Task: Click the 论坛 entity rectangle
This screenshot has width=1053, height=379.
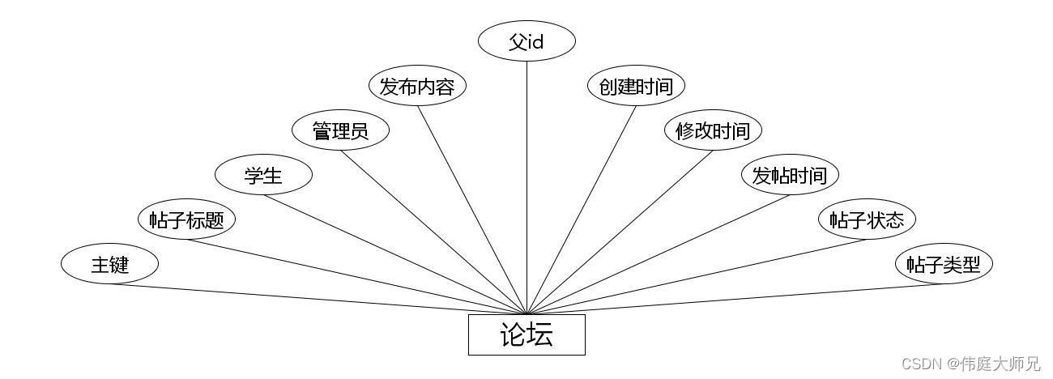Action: [x=526, y=334]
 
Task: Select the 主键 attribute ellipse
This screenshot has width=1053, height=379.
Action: [x=109, y=264]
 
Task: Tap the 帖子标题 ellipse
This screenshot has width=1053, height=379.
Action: [x=186, y=219]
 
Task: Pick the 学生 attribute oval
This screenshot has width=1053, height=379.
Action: [x=263, y=175]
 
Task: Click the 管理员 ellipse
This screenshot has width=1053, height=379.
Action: [x=340, y=130]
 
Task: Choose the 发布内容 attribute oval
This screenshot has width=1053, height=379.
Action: [x=417, y=86]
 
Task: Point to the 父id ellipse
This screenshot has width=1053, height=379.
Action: [x=526, y=41]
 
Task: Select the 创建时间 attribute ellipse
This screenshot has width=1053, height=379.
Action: [x=636, y=86]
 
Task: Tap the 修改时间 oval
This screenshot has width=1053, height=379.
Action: [x=713, y=130]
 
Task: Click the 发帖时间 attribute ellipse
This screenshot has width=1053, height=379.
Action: [x=790, y=175]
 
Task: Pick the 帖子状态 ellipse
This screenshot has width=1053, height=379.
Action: [x=867, y=219]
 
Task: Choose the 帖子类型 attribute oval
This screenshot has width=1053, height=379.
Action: [x=944, y=264]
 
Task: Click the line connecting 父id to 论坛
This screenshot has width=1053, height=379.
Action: [x=526, y=186]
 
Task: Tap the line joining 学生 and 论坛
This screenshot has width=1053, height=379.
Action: [x=394, y=253]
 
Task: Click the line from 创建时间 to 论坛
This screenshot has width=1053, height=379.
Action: [x=582, y=210]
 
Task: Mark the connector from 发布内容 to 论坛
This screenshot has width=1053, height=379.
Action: [x=472, y=210]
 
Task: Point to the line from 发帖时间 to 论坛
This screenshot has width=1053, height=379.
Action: [x=659, y=253]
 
